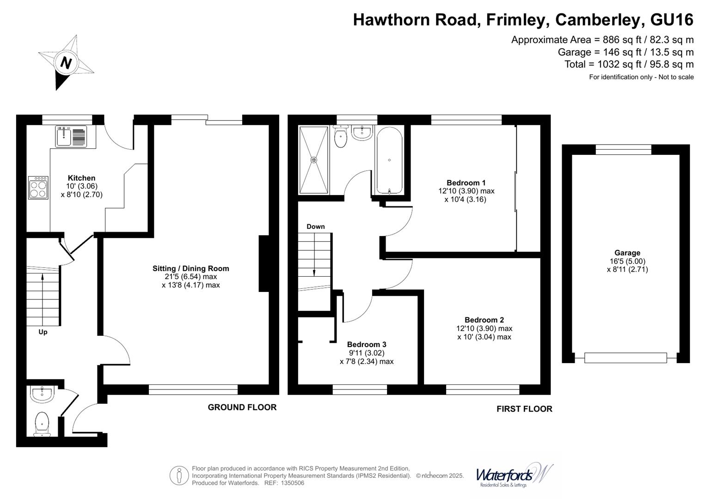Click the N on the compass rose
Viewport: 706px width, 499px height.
click(x=66, y=63)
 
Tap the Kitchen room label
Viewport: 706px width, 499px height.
click(x=82, y=178)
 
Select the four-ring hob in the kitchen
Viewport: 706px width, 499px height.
click(x=38, y=188)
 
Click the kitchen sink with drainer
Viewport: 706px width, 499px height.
click(x=71, y=136)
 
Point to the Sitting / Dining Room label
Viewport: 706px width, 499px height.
click(x=190, y=268)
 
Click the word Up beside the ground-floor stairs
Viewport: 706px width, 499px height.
click(x=43, y=332)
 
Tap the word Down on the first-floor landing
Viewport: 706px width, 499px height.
click(x=315, y=226)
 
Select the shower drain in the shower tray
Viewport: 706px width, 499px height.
click(x=313, y=160)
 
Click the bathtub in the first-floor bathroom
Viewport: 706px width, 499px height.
click(x=389, y=160)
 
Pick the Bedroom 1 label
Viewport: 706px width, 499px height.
click(x=466, y=183)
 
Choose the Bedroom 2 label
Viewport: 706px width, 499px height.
click(x=484, y=320)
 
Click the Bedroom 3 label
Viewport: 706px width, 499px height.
click(x=367, y=344)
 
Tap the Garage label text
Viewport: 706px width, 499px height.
click(x=627, y=253)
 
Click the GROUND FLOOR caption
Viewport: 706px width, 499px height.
click(x=242, y=408)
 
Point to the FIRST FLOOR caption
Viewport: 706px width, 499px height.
click(x=524, y=409)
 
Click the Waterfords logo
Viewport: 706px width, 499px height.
click(x=514, y=476)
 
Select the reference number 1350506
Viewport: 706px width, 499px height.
click(x=293, y=483)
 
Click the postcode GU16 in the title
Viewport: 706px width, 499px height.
click(x=672, y=19)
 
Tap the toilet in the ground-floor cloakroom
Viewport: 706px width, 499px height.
click(x=42, y=424)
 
